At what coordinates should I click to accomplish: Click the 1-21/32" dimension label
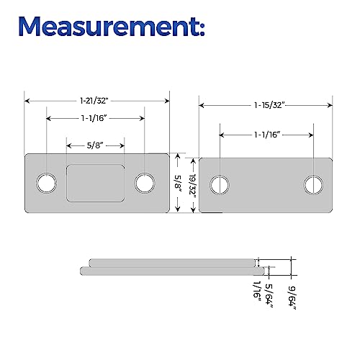coord(94,101)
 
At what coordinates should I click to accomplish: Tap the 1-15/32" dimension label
coord(270,105)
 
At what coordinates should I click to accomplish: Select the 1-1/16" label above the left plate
coord(94,118)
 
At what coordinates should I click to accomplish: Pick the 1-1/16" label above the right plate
coord(267,135)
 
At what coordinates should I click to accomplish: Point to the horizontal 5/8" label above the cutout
coord(95,145)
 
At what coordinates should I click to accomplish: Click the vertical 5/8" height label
coord(178,183)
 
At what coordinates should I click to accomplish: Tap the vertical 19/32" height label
coord(193,186)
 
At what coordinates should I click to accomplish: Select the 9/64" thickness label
coord(292,297)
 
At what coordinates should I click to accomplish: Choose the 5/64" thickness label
coord(269,296)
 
